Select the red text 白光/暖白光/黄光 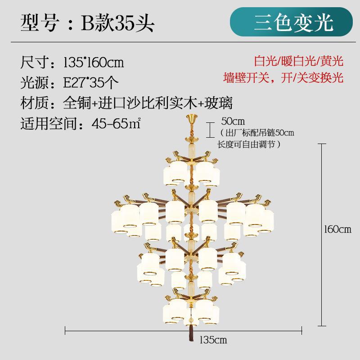click(298, 61)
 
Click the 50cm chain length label click(233, 121)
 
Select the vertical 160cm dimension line click(321, 234)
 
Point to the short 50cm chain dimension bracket click(210, 129)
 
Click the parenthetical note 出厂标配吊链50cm click(256, 133)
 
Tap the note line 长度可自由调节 click(249, 144)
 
